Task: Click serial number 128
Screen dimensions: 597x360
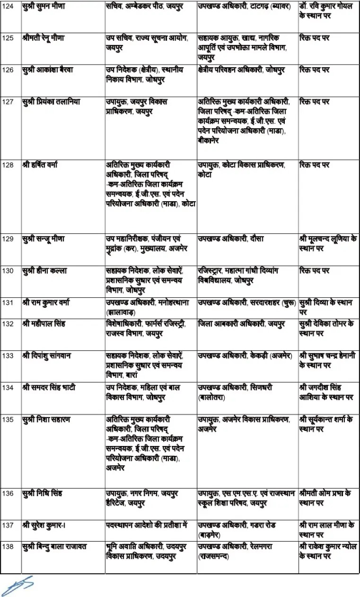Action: [8, 165]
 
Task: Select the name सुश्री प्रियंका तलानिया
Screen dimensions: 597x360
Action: [52, 101]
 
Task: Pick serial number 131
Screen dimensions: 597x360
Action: [8, 302]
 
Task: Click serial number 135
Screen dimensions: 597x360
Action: [8, 419]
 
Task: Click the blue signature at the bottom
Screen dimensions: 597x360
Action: [17, 584]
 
